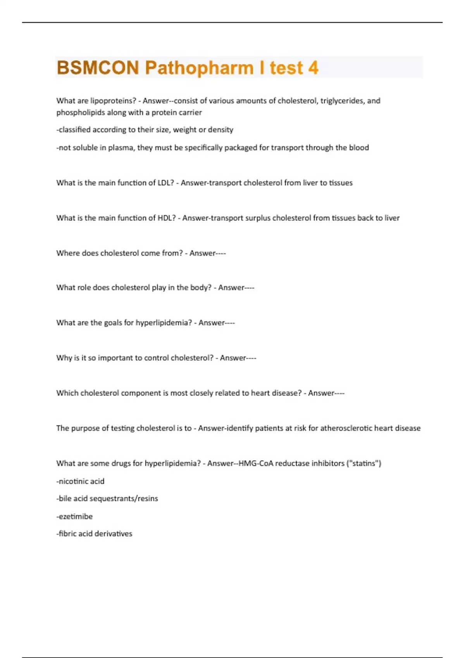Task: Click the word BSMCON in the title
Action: tap(98, 68)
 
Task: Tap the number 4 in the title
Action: tap(313, 68)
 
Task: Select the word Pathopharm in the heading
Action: tap(199, 68)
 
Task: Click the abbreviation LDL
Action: tap(166, 183)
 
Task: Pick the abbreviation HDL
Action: tap(167, 218)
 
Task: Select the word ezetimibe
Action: tap(76, 516)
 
